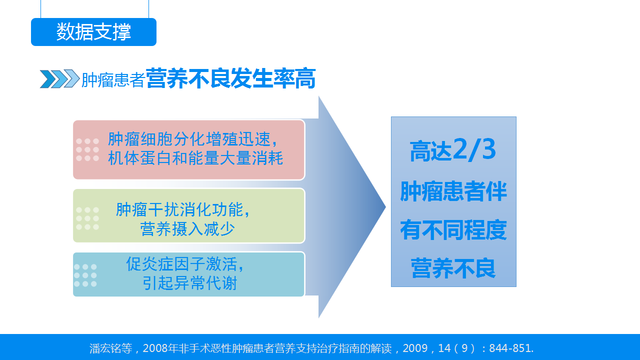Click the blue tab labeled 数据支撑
point(93,31)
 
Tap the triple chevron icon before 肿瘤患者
point(59,78)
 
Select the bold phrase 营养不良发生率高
point(230,78)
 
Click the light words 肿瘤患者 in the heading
point(113,79)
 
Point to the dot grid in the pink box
point(87,149)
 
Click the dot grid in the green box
point(87,218)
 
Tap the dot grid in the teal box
point(85,275)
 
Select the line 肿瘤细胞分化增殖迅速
point(189,139)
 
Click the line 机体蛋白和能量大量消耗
point(195,158)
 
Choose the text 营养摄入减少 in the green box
point(187,229)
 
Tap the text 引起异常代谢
point(189,283)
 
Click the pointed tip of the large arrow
point(385,207)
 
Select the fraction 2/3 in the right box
point(474,149)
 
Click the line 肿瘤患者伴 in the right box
point(453,191)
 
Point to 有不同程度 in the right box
point(453,230)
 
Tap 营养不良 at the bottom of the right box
point(453,268)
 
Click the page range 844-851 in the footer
point(509,348)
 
